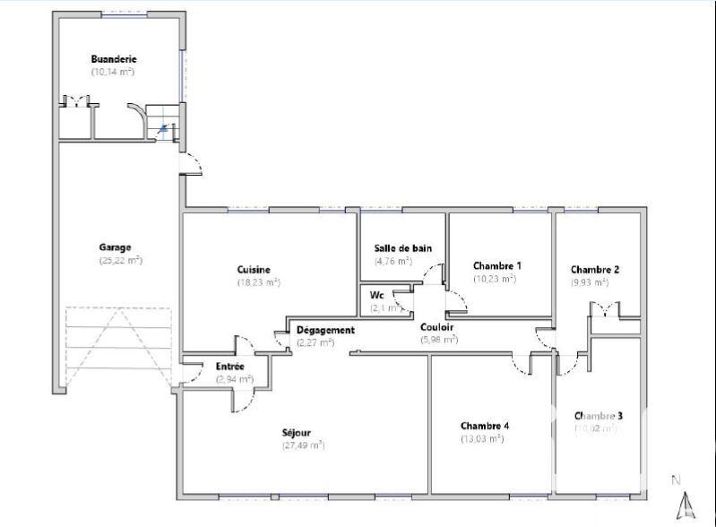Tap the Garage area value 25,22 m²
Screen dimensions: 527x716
[121, 261]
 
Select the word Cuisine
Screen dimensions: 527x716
[254, 270]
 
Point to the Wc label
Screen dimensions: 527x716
[377, 295]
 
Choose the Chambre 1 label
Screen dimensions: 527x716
[496, 266]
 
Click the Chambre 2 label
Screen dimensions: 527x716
[595, 269]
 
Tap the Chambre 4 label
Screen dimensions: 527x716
[485, 426]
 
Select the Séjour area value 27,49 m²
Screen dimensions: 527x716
[303, 445]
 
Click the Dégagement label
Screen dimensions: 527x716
[326, 330]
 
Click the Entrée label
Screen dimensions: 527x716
[230, 367]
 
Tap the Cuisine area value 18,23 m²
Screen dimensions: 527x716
[258, 282]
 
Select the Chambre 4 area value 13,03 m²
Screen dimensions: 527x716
[485, 438]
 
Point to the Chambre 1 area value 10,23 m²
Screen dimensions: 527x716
[495, 279]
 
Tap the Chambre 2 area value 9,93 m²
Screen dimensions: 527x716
[590, 281]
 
